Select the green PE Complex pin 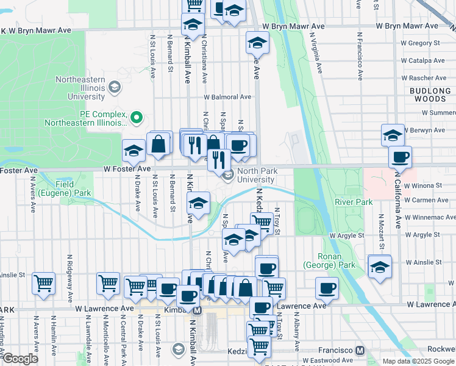tap(137, 116)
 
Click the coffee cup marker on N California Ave tap(400, 157)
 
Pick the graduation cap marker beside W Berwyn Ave tap(393, 135)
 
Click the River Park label tap(353, 202)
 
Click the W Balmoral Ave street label tap(227, 97)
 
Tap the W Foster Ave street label tap(127, 168)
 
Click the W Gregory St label tap(420, 43)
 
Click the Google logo tap(21, 359)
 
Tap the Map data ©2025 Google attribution tap(418, 361)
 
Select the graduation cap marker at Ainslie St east tap(379, 267)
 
